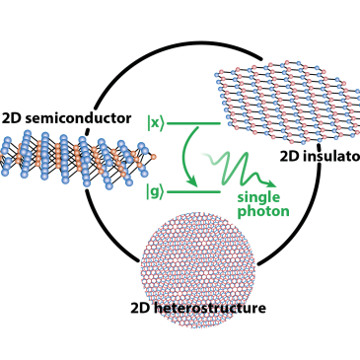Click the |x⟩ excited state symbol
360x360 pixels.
(x=155, y=122)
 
